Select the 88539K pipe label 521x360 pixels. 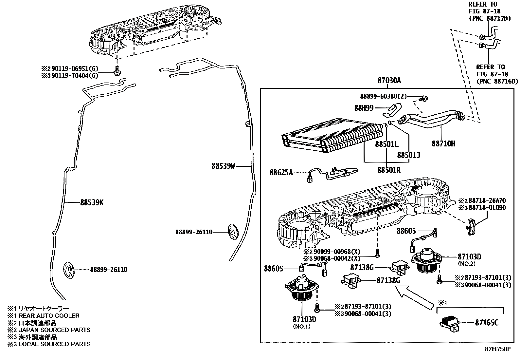pos(92,202)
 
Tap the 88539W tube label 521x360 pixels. pos(223,166)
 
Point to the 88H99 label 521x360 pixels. pos(364,108)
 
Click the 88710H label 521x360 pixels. pos(443,143)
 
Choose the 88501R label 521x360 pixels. pos(389,170)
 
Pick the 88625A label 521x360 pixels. pos(281,172)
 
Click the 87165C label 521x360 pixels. pos(487,323)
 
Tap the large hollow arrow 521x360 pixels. pos(414,297)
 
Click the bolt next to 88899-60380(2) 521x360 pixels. pos(425,98)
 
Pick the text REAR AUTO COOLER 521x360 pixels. pos(49,316)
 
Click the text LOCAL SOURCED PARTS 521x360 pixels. pos(54,344)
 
